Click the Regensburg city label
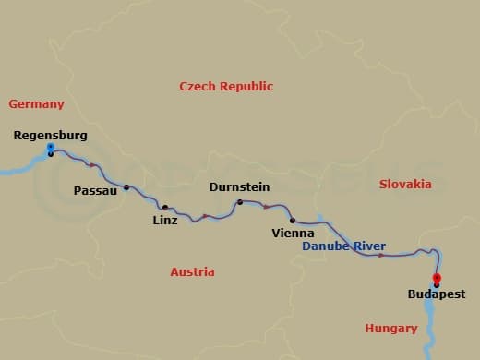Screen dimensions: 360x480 click(x=51, y=136)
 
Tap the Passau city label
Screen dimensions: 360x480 click(x=94, y=190)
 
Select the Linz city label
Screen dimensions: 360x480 click(x=165, y=220)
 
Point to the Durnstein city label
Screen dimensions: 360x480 click(x=239, y=186)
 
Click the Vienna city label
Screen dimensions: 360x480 click(x=294, y=234)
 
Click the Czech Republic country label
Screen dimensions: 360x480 click(x=226, y=86)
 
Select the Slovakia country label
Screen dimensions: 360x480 click(x=405, y=184)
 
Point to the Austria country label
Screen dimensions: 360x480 click(x=192, y=271)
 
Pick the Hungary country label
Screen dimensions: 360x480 click(x=391, y=328)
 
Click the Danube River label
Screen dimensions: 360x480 click(x=344, y=247)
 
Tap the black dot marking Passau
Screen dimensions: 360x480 click(x=126, y=187)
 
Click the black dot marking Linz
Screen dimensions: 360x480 click(x=165, y=208)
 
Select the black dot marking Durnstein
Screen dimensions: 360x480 click(x=239, y=202)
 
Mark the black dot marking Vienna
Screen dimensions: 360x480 click(x=293, y=221)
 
